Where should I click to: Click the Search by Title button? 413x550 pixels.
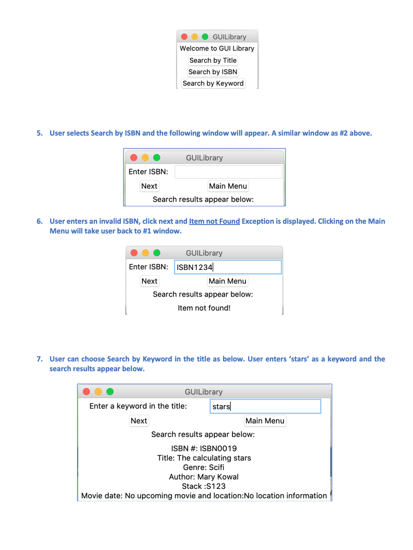pyautogui.click(x=213, y=60)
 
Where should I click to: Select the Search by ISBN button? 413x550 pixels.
pyautogui.click(x=213, y=72)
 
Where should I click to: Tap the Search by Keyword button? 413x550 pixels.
pyautogui.click(x=213, y=83)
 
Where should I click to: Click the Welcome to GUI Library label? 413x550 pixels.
pyautogui.click(x=217, y=48)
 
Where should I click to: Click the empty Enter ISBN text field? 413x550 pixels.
pyautogui.click(x=228, y=172)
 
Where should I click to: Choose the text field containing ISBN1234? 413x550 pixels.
pyautogui.click(x=228, y=267)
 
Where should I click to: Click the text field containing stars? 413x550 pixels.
pyautogui.click(x=265, y=406)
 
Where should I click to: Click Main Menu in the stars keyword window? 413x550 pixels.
pyautogui.click(x=265, y=421)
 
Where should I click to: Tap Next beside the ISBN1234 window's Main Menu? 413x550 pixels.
pyautogui.click(x=149, y=281)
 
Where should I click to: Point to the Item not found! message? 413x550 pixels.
pyautogui.click(x=204, y=308)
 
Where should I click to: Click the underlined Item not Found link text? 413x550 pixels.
pyautogui.click(x=214, y=221)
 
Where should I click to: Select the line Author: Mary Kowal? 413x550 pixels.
pyautogui.click(x=204, y=477)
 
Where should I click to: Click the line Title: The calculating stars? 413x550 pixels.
pyautogui.click(x=204, y=458)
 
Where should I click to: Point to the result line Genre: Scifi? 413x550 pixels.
pyautogui.click(x=204, y=467)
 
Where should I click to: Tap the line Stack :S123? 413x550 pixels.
pyautogui.click(x=204, y=486)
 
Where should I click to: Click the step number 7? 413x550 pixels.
pyautogui.click(x=39, y=359)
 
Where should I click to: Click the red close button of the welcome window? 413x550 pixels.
pyautogui.click(x=184, y=37)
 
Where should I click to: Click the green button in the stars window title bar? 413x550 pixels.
pyautogui.click(x=110, y=392)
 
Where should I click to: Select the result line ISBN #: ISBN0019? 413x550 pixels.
pyautogui.click(x=204, y=448)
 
